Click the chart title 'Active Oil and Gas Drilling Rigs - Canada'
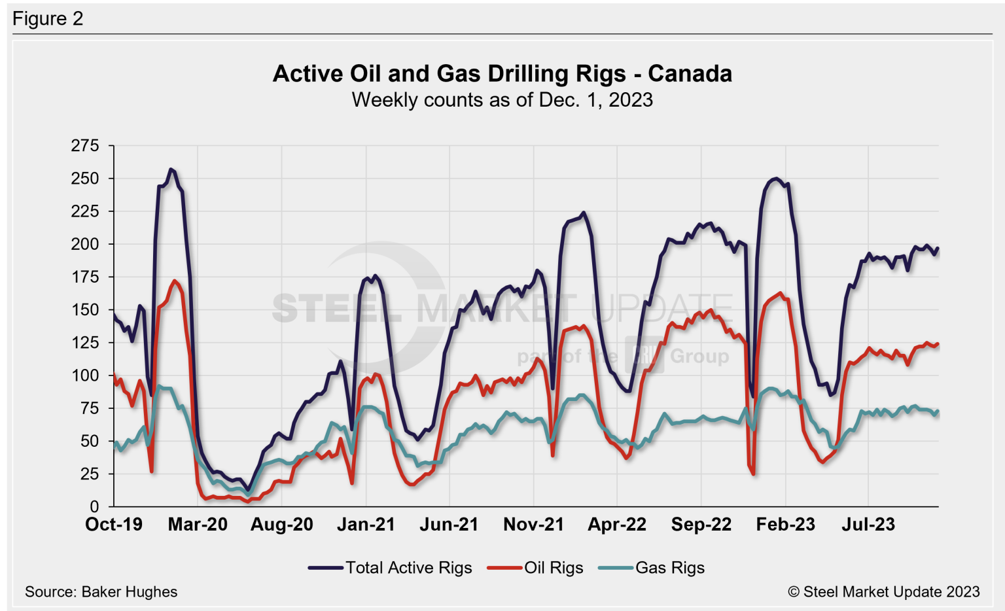pos(502,73)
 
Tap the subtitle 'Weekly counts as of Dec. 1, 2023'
pos(502,100)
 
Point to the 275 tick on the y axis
pos(85,146)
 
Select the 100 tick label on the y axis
pos(85,375)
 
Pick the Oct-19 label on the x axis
pos(114,525)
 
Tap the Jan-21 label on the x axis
pos(366,525)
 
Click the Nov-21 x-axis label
pos(533,525)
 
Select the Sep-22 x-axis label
pos(701,525)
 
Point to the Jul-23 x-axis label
pos(868,525)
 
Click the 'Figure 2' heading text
pos(48,18)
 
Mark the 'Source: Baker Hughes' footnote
pos(101,592)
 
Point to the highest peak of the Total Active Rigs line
pos(171,169)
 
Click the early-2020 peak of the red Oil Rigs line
pos(174,281)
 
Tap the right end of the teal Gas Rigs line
pos(938,411)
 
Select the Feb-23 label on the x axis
pos(785,525)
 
